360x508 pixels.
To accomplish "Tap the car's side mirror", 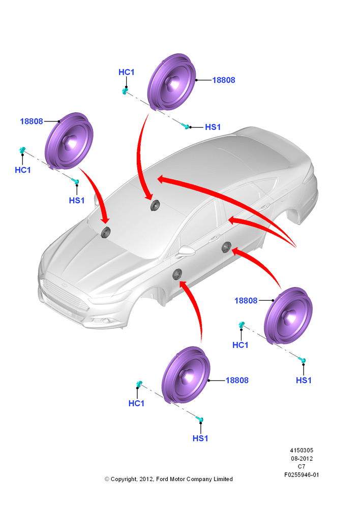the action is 186,251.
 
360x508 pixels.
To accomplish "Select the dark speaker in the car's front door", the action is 177,274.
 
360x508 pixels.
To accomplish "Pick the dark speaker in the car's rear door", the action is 226,247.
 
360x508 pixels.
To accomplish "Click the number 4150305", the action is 302,450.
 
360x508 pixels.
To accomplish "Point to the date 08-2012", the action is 302,458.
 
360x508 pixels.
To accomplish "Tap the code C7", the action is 302,466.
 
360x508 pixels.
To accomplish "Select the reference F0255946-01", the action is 302,475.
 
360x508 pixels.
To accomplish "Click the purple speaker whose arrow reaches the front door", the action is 186,375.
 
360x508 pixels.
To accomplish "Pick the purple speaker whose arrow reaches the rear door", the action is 288,315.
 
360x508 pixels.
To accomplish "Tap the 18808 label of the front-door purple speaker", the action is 237,380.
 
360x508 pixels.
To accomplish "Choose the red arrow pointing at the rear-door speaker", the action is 259,263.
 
